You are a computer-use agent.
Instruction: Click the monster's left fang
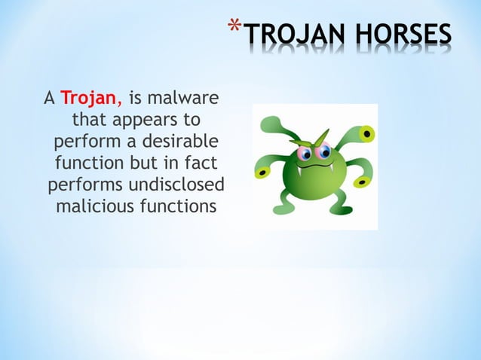[x=300, y=170]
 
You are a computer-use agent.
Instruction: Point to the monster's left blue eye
[x=305, y=154]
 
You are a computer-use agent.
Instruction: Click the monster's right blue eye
[x=325, y=152]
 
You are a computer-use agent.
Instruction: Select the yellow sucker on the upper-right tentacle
[x=367, y=134]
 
